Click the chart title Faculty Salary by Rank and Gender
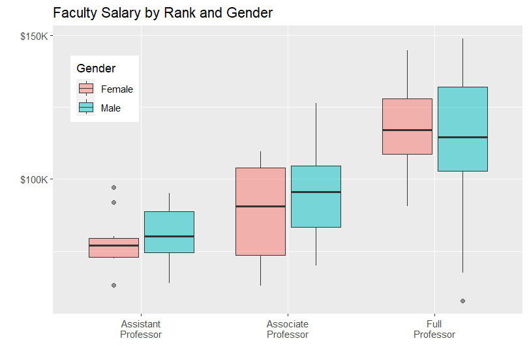162,13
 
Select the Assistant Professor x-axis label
141,329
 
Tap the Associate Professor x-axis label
288,329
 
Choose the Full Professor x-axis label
434,329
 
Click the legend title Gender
96,68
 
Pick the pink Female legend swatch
86,89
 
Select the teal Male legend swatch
86,108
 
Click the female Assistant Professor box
113,248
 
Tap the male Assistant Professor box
169,232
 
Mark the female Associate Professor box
260,211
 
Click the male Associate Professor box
316,196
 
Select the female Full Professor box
407,127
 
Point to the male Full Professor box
462,129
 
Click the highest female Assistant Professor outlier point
113,188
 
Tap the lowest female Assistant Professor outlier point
113,285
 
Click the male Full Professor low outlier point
462,301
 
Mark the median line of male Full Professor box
462,137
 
